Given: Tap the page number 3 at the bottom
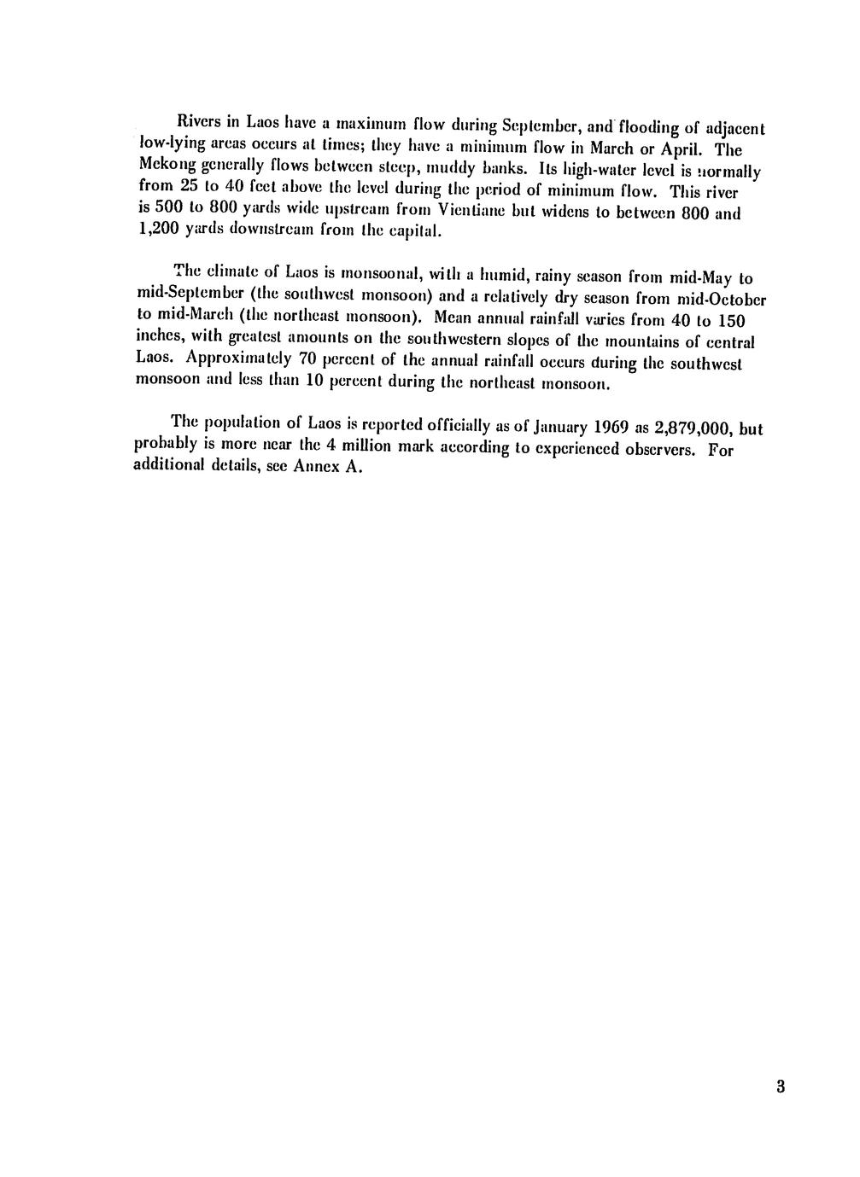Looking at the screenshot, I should [x=781, y=1087].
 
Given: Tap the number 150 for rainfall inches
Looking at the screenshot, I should [x=729, y=322].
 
